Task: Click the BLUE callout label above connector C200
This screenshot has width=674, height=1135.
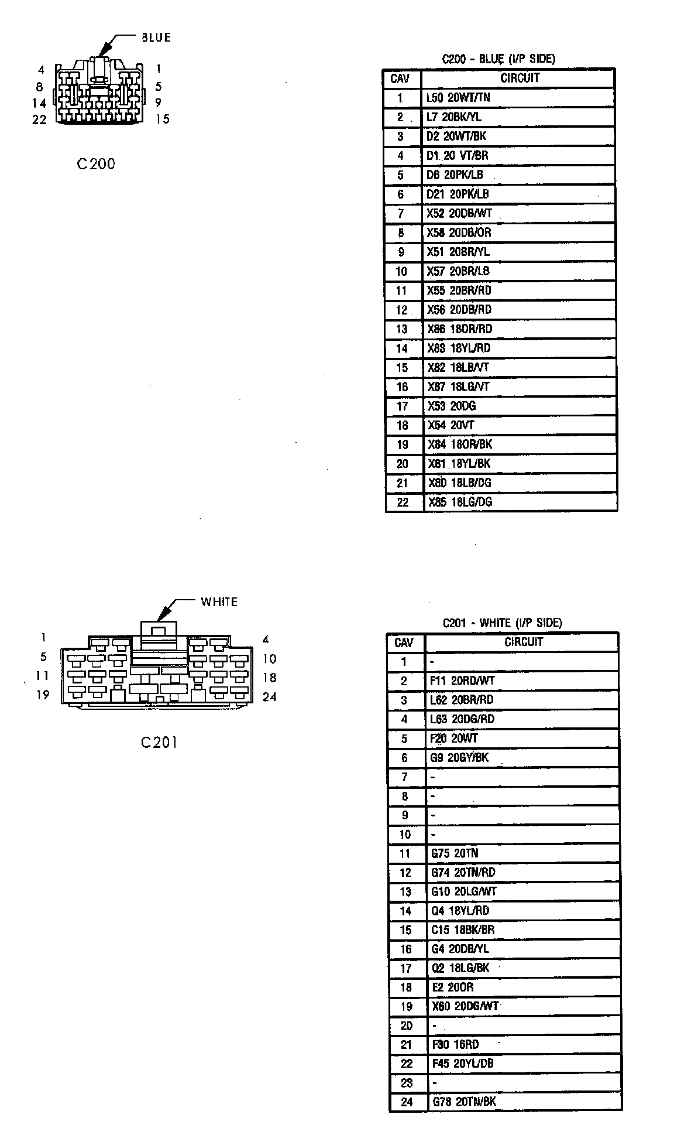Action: [156, 38]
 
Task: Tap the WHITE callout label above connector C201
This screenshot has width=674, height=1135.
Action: [219, 602]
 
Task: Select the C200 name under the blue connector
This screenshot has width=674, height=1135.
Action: [96, 164]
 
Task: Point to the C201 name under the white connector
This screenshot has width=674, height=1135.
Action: [159, 743]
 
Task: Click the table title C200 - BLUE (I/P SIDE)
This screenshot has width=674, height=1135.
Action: [498, 59]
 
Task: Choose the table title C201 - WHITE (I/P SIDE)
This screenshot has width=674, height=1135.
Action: [502, 623]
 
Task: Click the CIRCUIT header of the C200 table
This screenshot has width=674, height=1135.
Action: [520, 78]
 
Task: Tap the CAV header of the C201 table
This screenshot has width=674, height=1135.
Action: [404, 642]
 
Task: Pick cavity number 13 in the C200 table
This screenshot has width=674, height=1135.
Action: [401, 329]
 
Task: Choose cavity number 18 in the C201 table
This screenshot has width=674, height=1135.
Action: [406, 987]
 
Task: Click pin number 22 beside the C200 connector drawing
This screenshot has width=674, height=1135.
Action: [39, 120]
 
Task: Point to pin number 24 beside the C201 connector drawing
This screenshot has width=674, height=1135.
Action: [269, 697]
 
